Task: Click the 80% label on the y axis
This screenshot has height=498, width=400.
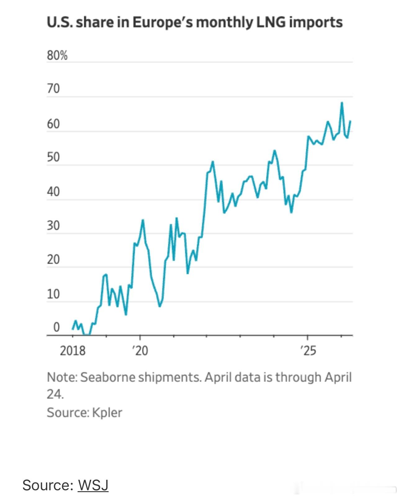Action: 57,56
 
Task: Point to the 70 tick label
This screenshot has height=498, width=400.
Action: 53,89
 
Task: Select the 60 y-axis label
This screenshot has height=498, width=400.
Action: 53,124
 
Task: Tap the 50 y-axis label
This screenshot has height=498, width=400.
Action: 53,158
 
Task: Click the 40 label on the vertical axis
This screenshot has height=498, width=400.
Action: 53,192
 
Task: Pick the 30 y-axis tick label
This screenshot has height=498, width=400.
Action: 53,226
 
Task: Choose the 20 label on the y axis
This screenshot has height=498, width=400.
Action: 53,260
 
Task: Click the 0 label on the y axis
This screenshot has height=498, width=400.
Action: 56,327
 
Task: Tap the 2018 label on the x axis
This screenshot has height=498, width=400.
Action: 72,351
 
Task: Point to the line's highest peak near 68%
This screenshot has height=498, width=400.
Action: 342,103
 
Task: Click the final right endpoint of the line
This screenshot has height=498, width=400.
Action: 350,121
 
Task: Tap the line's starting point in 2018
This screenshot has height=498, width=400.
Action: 73,329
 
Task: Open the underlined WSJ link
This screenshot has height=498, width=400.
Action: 93,485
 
